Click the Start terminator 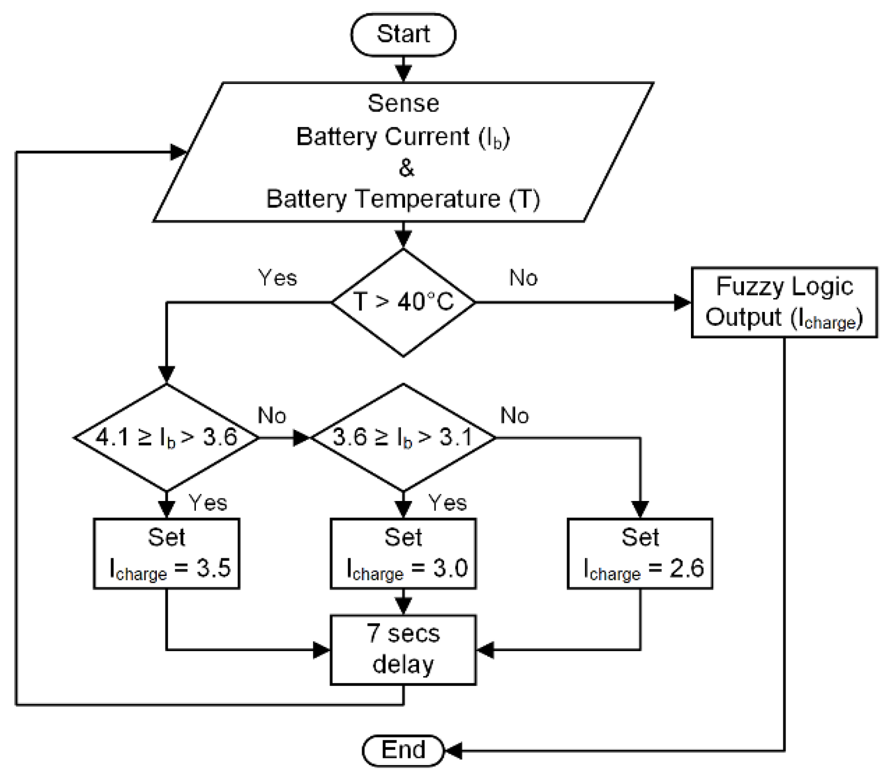(403, 34)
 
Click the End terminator (403, 750)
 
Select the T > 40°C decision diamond (403, 302)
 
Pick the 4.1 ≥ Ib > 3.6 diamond (166, 438)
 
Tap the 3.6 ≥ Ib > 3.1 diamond (403, 438)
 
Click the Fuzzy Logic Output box (784, 302)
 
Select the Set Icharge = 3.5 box (166, 553)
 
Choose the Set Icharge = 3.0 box (403, 553)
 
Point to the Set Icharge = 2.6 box (640, 553)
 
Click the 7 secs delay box (403, 650)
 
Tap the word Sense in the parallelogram (404, 103)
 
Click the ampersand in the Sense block (406, 168)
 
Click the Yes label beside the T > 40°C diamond (278, 278)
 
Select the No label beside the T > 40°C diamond (523, 278)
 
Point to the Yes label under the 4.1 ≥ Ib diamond (208, 503)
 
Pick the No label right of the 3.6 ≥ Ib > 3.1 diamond (515, 415)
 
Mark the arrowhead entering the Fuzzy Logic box (682, 302)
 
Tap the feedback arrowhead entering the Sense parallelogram (178, 152)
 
